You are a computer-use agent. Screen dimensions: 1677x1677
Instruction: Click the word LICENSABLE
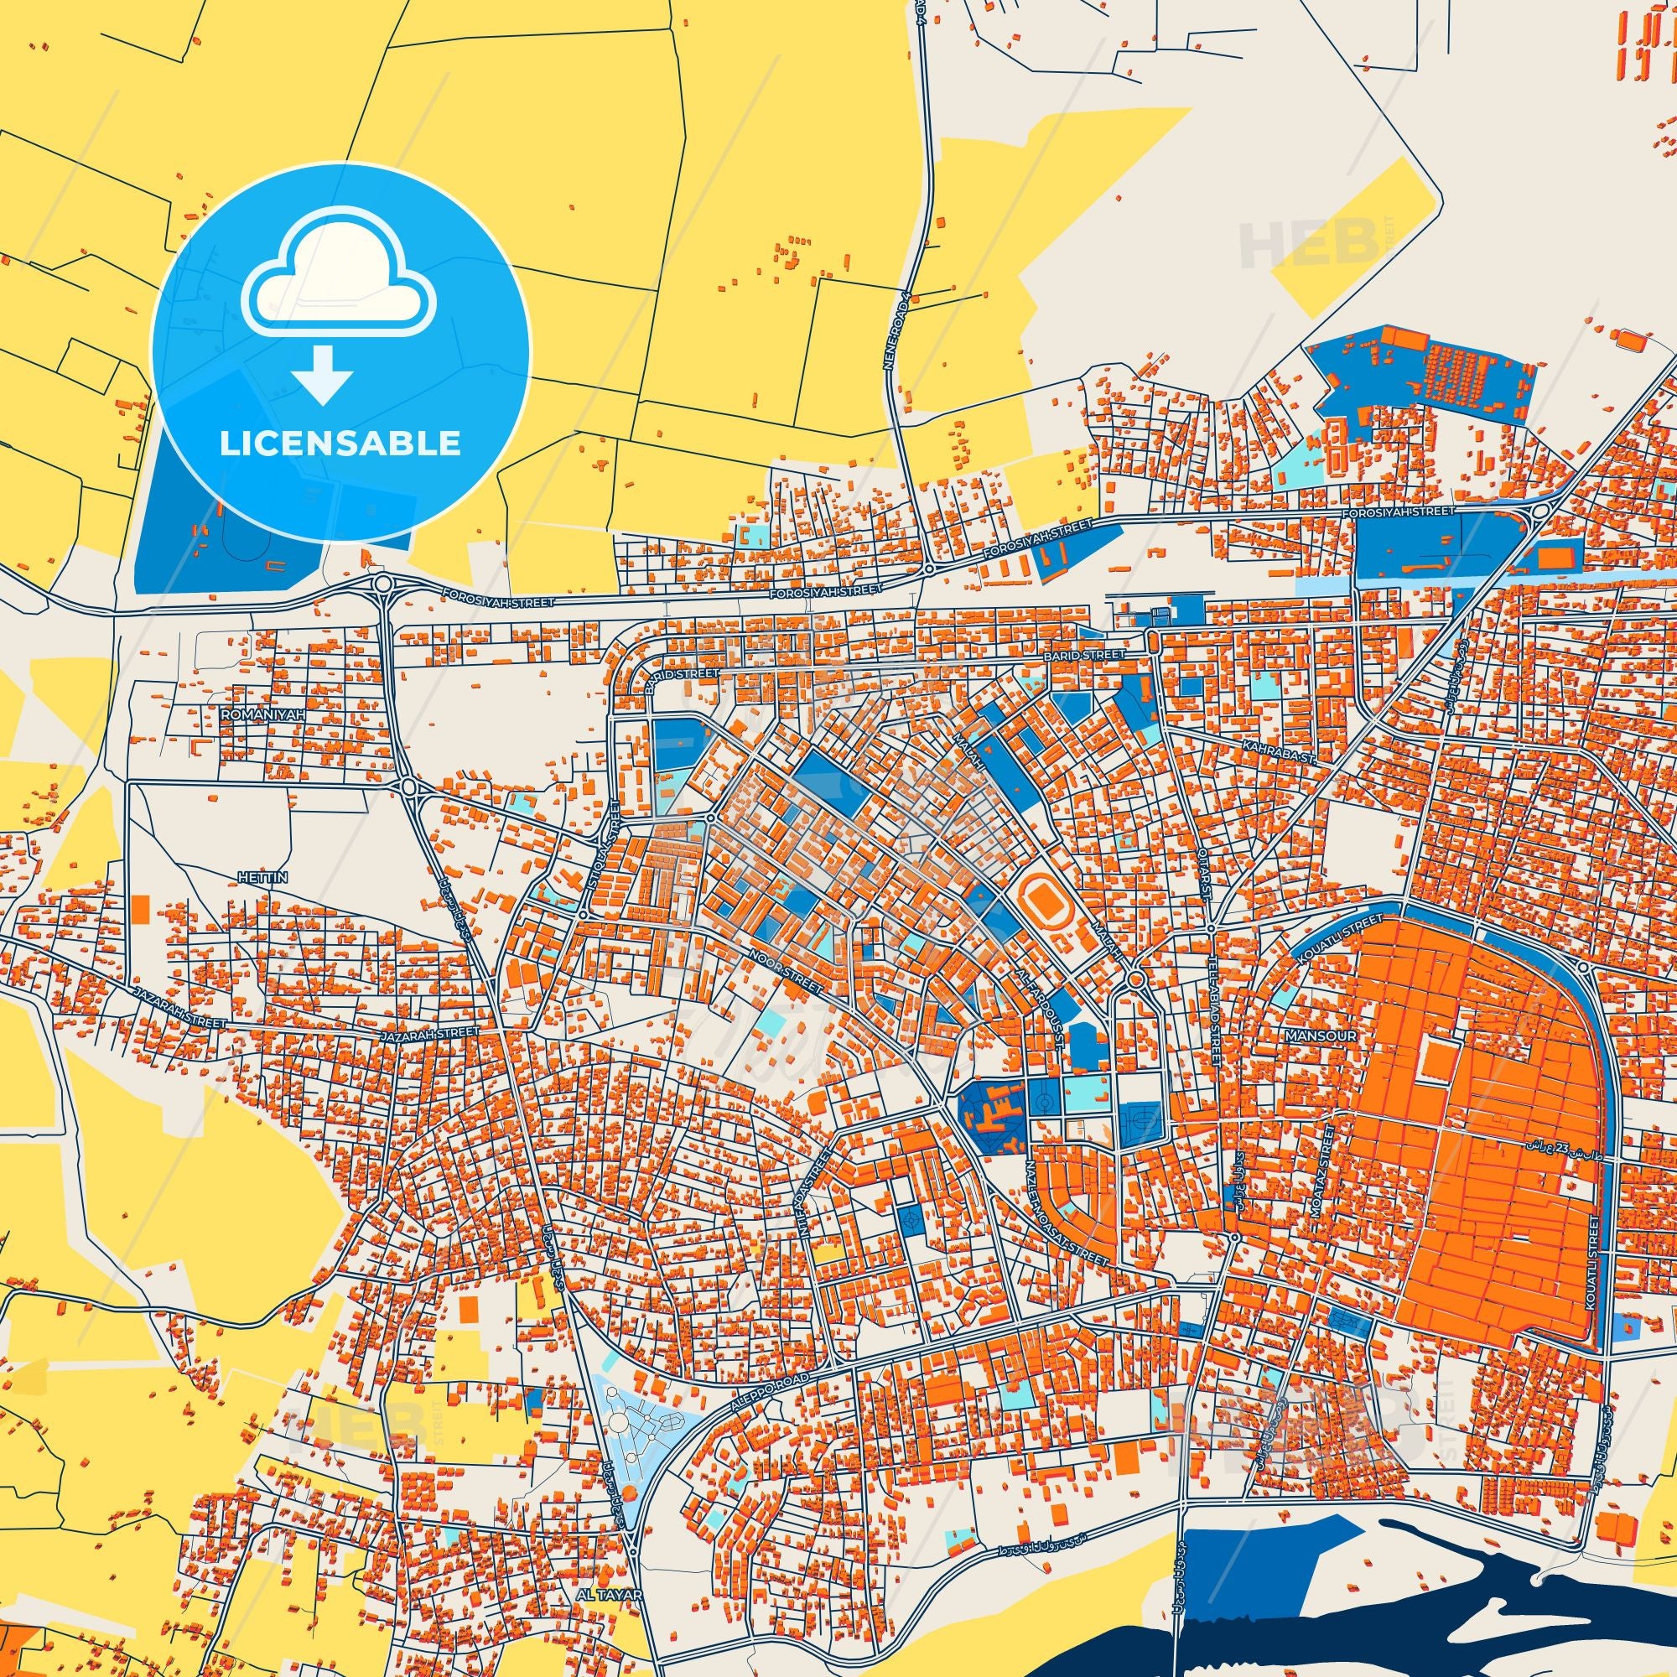pyautogui.click(x=340, y=443)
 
